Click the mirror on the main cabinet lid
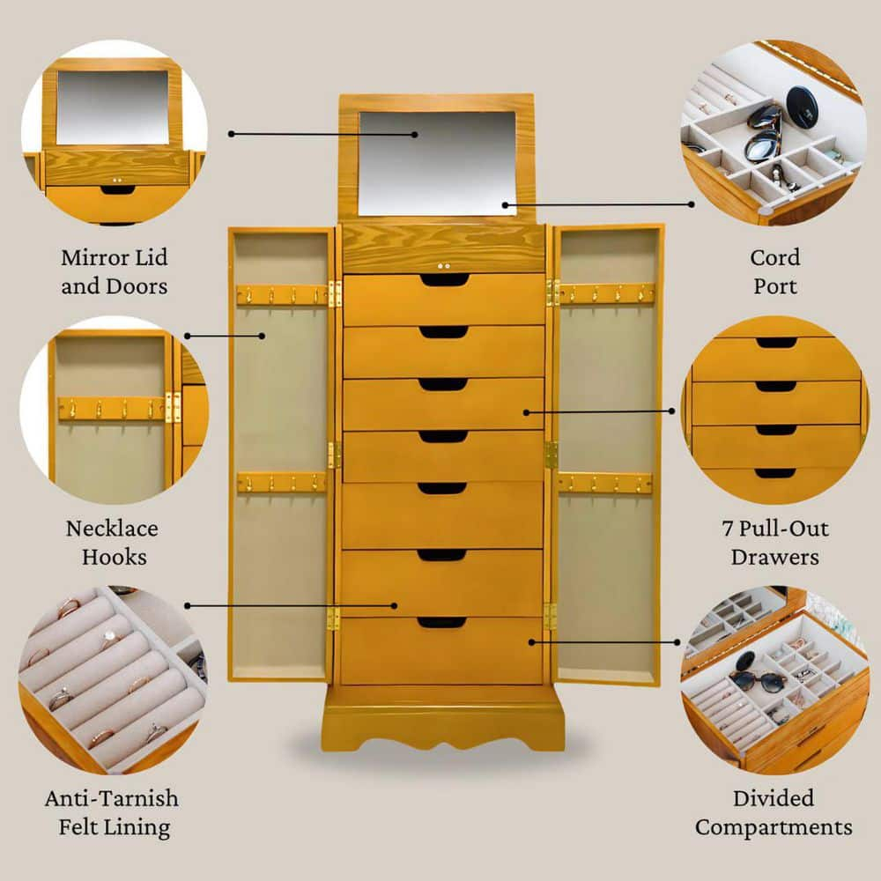click(x=437, y=163)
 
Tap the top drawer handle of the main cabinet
click(x=444, y=280)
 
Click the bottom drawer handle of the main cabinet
click(x=442, y=623)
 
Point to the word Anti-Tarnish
click(x=112, y=799)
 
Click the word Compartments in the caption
click(x=774, y=827)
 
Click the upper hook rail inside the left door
click(x=281, y=294)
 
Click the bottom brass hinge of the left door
click(x=333, y=618)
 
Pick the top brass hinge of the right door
click(x=552, y=292)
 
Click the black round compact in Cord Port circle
click(x=802, y=107)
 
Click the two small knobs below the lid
click(x=444, y=265)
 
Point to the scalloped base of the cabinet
click(x=442, y=727)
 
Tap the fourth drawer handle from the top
click(x=442, y=436)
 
